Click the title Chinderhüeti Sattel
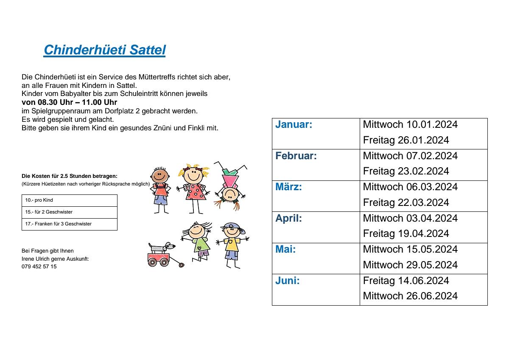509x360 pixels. (x=104, y=50)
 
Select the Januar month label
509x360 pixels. (x=294, y=124)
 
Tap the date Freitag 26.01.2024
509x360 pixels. (x=406, y=140)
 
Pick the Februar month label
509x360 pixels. (x=296, y=156)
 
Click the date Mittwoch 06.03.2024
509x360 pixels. (x=410, y=187)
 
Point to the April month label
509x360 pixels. (x=288, y=218)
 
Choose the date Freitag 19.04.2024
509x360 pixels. (x=406, y=233)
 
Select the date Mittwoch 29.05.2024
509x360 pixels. (x=410, y=265)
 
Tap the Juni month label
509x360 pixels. (x=287, y=281)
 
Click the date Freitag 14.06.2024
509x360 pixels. (x=406, y=281)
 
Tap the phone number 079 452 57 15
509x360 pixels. (x=39, y=267)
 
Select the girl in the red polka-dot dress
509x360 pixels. (x=195, y=187)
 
